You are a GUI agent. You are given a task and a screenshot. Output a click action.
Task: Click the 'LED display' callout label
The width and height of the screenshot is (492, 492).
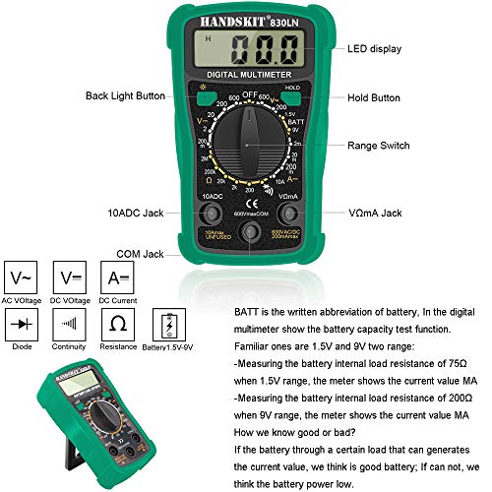coord(378,47)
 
